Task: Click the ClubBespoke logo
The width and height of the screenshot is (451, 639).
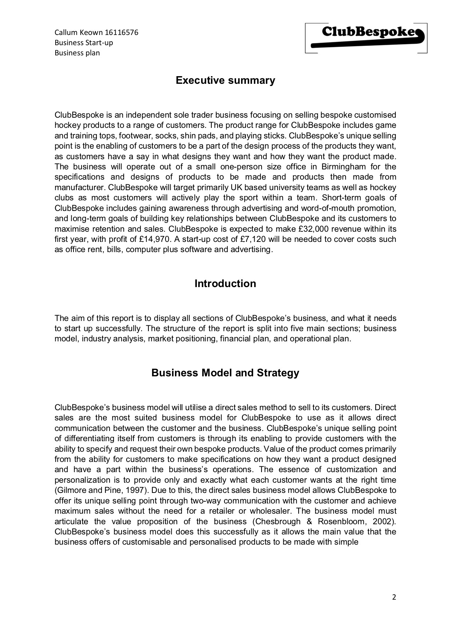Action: click(x=366, y=38)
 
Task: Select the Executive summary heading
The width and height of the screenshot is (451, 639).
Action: click(x=225, y=80)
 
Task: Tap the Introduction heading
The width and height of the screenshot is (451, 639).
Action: click(x=225, y=283)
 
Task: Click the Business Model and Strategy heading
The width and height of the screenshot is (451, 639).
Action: click(x=225, y=373)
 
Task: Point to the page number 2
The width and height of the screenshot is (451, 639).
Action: click(x=394, y=597)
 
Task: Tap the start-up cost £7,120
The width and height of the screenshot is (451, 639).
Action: click(x=254, y=239)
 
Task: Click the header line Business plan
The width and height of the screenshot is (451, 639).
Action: click(x=77, y=53)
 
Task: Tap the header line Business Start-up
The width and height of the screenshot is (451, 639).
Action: click(x=84, y=43)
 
